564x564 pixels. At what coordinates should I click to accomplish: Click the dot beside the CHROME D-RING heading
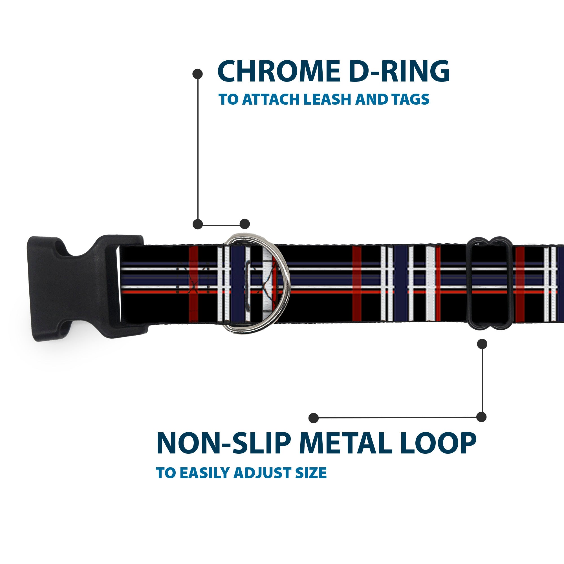tap(198, 74)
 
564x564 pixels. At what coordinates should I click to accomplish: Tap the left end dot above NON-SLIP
tap(314, 418)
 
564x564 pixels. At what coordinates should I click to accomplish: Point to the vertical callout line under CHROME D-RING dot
tap(198, 149)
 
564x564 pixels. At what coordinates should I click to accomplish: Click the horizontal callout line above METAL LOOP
tap(397, 418)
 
